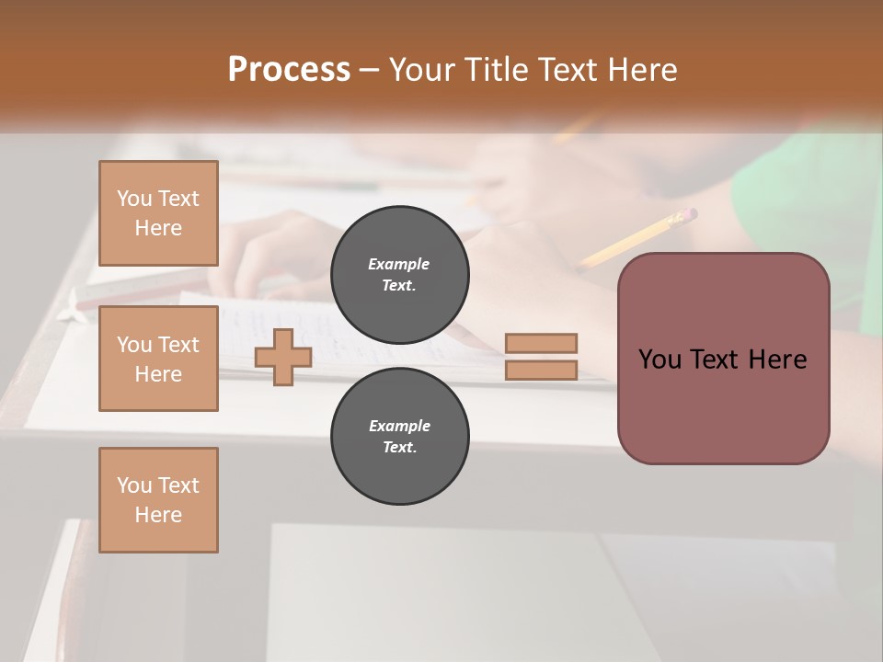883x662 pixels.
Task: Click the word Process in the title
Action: click(289, 70)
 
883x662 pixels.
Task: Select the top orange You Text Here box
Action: click(158, 213)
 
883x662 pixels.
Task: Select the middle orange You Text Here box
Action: click(158, 359)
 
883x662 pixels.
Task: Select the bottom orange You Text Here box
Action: click(158, 500)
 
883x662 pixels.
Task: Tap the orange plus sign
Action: click(283, 357)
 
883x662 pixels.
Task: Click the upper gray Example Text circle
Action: click(400, 274)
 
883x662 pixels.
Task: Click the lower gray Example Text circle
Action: click(400, 436)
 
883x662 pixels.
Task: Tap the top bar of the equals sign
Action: click(542, 343)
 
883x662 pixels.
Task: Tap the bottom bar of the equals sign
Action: click(542, 371)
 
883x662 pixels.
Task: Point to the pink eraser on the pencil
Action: click(684, 216)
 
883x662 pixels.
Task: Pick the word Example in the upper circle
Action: click(399, 264)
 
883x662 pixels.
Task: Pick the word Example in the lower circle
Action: click(399, 426)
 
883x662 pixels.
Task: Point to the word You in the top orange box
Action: click(133, 199)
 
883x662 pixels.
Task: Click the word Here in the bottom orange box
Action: click(158, 515)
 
